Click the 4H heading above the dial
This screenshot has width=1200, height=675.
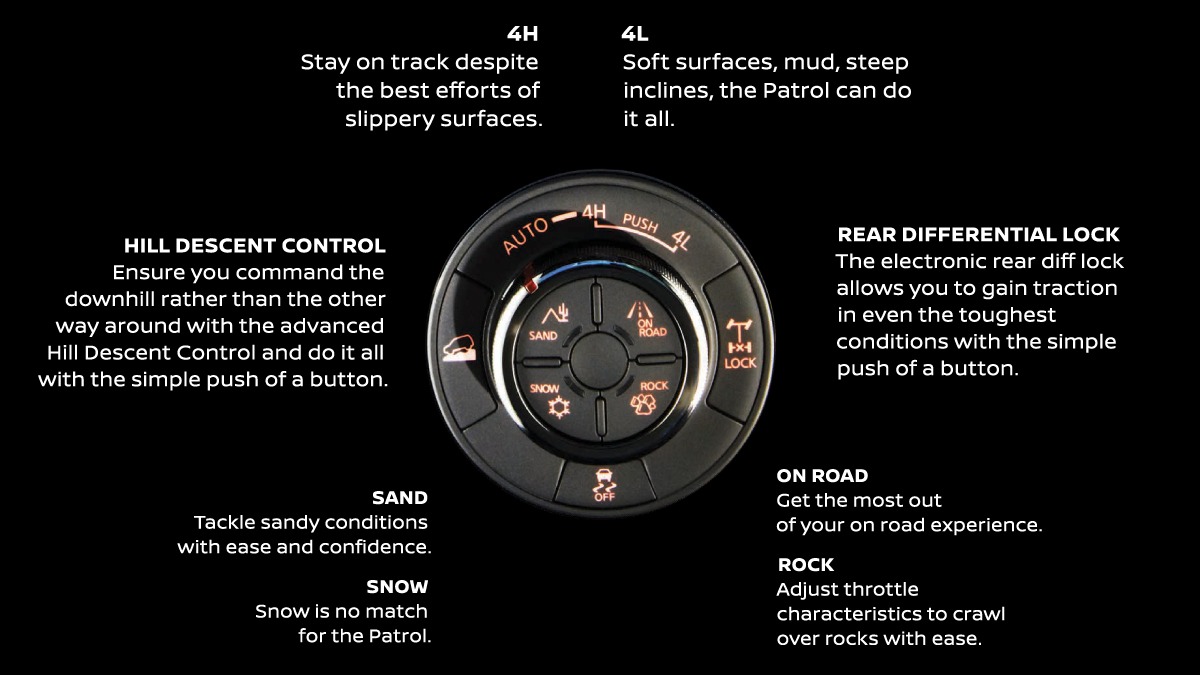[522, 34]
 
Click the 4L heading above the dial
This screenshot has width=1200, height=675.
[635, 34]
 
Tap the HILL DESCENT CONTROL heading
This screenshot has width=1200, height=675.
[254, 245]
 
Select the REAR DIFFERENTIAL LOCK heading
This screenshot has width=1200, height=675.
[978, 234]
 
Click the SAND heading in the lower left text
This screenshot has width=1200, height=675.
[400, 498]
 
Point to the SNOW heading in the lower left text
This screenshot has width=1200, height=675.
[397, 587]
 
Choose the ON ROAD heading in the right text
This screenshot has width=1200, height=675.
[822, 475]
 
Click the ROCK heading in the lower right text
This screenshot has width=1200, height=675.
[806, 564]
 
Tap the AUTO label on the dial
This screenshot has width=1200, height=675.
[526, 236]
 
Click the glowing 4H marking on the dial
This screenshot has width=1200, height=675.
[594, 212]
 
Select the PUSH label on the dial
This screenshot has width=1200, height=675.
[640, 222]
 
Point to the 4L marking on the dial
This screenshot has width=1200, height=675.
[681, 240]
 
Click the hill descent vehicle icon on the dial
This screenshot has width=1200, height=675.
[459, 348]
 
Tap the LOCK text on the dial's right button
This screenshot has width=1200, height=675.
[740, 363]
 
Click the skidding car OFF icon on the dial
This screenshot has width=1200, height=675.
[604, 485]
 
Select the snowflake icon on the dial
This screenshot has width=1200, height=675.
[559, 407]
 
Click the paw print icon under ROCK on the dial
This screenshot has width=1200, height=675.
[643, 404]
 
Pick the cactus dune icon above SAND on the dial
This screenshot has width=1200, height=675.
[555, 314]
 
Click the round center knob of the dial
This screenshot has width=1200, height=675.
[598, 360]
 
